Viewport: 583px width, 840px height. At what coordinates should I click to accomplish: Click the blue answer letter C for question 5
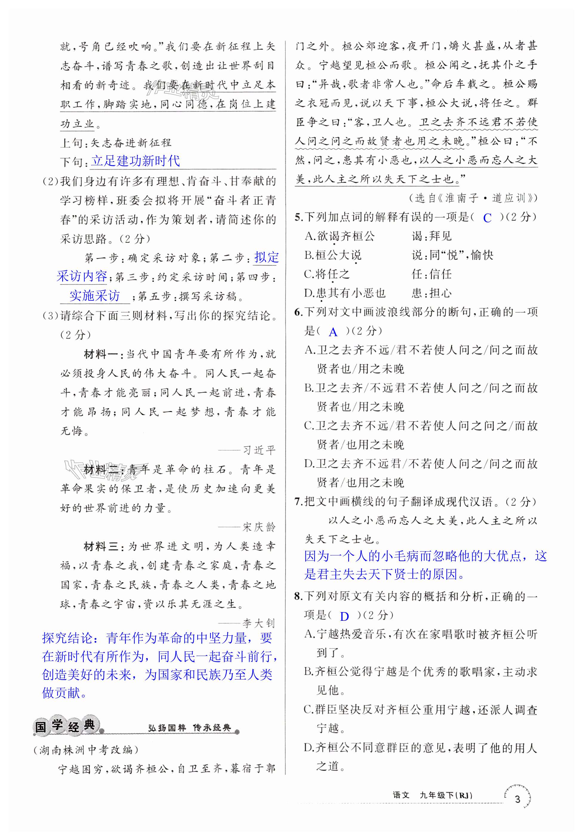[487, 218]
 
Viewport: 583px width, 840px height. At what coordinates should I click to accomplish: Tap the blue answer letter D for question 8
[344, 617]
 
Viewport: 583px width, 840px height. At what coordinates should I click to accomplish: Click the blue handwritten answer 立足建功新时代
[135, 161]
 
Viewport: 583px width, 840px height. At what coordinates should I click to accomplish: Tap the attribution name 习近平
[259, 450]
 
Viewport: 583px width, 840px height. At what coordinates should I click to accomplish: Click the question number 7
[298, 502]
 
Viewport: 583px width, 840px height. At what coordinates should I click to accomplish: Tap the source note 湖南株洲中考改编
[86, 750]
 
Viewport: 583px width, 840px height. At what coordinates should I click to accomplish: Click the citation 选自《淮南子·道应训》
[473, 198]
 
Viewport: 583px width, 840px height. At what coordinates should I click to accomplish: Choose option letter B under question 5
[309, 255]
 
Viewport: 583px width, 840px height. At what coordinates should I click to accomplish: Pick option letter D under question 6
[309, 464]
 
